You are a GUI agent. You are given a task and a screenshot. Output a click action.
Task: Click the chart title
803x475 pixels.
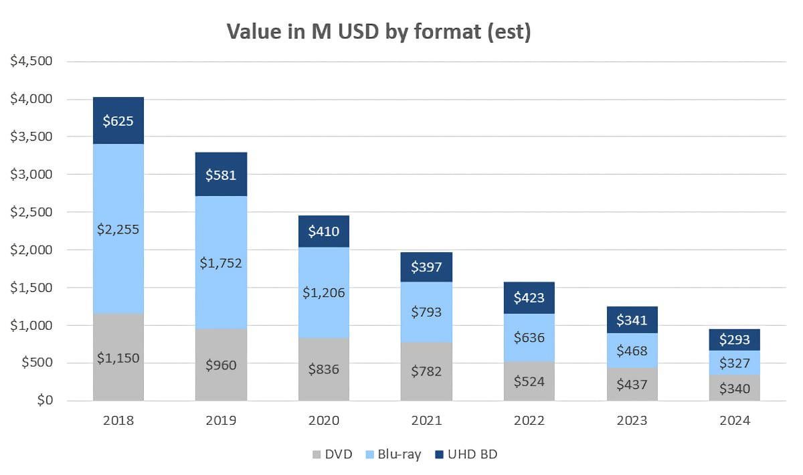pyautogui.click(x=379, y=31)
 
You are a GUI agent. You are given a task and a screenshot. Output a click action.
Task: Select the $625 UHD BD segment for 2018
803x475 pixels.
pyautogui.click(x=118, y=121)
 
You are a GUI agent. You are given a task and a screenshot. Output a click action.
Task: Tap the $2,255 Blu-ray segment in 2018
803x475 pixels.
pyautogui.click(x=118, y=229)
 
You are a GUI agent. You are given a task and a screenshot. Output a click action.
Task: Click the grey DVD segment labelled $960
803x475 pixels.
pyautogui.click(x=221, y=365)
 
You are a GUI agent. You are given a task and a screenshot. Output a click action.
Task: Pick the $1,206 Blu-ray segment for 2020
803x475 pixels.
pyautogui.click(x=325, y=292)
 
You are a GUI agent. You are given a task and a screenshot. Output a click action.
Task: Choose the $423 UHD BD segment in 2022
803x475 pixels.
pyautogui.click(x=529, y=298)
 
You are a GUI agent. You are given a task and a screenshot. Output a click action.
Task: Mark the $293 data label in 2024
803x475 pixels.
pyautogui.click(x=734, y=340)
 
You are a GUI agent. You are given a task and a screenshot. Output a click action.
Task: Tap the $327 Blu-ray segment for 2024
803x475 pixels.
pyautogui.click(x=735, y=363)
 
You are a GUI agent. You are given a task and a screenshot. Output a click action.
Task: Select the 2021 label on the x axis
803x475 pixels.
pyautogui.click(x=427, y=421)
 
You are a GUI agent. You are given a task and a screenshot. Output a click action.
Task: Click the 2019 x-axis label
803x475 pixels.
pyautogui.click(x=221, y=421)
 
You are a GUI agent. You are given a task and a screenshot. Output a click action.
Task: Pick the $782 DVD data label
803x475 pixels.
pyautogui.click(x=427, y=371)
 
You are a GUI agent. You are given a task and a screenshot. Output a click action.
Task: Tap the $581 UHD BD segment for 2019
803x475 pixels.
pyautogui.click(x=221, y=175)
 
